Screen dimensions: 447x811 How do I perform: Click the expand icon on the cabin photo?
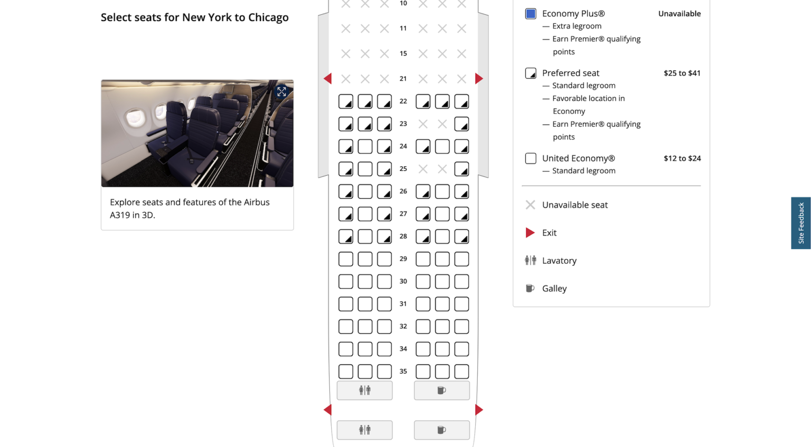coord(281,92)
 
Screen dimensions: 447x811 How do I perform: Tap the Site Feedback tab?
coord(800,223)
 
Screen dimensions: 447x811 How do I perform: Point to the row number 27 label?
coord(403,214)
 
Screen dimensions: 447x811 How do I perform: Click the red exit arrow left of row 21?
coord(328,79)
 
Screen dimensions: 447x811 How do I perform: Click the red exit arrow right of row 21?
coord(478,79)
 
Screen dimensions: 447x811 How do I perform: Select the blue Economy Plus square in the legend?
coord(531,14)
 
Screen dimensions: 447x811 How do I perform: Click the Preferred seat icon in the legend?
coord(531,73)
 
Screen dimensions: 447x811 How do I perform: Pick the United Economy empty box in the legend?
coord(531,158)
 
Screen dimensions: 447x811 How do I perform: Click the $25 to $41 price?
coord(682,73)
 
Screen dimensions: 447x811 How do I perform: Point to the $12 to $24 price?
coord(682,158)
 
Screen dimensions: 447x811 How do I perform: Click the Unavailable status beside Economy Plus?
coord(679,14)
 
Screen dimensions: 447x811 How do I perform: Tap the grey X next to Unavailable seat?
coord(530,205)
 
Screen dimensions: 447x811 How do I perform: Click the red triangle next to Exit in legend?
coord(530,233)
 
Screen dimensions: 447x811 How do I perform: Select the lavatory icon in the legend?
coord(530,260)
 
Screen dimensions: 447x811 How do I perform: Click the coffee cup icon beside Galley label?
coord(530,288)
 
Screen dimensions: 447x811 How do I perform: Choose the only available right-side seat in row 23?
coord(461,124)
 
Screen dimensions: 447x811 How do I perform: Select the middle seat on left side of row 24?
coord(365,147)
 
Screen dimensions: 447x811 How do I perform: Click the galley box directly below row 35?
coord(441,391)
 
